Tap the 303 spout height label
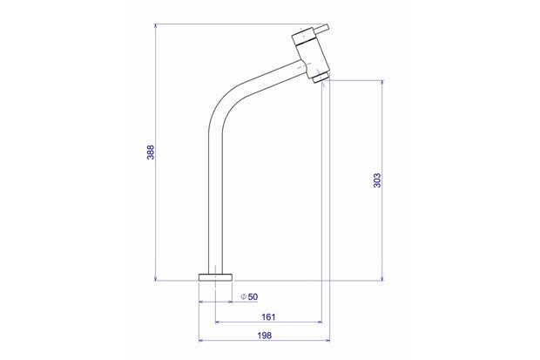click(x=375, y=180)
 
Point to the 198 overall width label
click(x=263, y=336)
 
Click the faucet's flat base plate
click(x=216, y=276)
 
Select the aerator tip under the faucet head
click(x=320, y=78)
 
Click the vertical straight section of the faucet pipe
click(x=215, y=200)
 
